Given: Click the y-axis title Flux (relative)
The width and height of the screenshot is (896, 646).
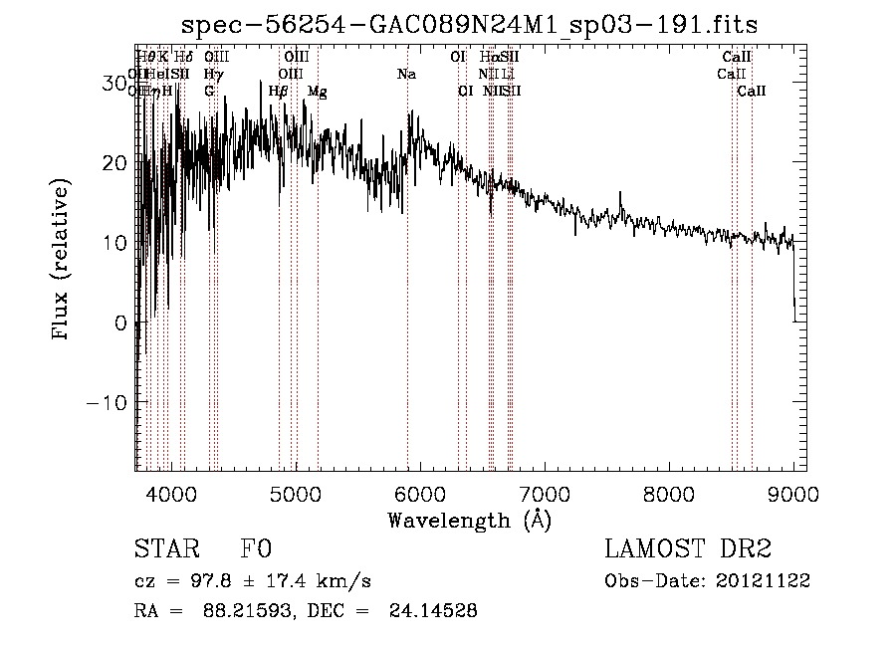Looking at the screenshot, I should click(x=62, y=260).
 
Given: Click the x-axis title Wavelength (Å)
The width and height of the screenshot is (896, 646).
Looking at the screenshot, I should click(x=469, y=519).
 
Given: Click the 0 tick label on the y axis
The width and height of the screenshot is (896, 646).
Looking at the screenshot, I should click(x=121, y=323).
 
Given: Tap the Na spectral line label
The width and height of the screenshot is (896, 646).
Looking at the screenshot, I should click(x=406, y=75).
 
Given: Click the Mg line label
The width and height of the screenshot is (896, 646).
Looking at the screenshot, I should click(x=318, y=92).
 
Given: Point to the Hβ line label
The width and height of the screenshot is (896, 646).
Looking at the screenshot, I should click(x=279, y=92).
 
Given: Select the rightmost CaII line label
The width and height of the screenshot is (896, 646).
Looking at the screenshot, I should click(x=752, y=92).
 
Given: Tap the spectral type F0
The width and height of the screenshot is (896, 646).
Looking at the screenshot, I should click(x=256, y=549).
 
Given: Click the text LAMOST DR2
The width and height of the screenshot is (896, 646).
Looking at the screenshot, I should click(x=688, y=549).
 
